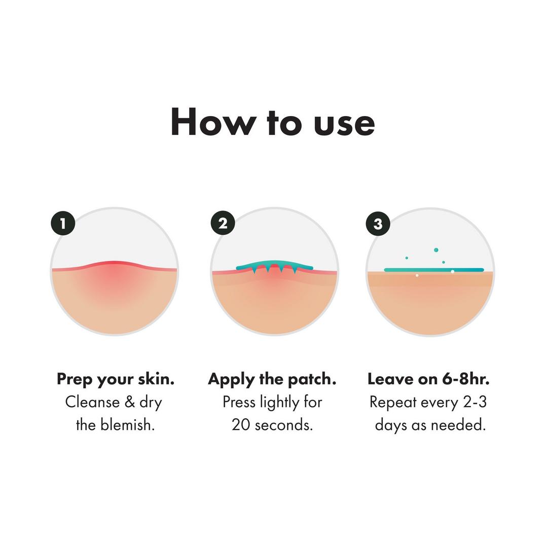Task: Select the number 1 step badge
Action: pyautogui.click(x=63, y=223)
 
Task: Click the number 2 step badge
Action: pyautogui.click(x=223, y=223)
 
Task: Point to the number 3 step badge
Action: pyautogui.click(x=378, y=224)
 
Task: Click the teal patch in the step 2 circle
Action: pyautogui.click(x=274, y=265)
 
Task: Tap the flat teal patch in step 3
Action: pyautogui.click(x=434, y=270)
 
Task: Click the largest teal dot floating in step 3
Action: pyautogui.click(x=436, y=250)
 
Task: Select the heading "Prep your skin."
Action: pyautogui.click(x=116, y=379)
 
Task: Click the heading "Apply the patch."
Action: pyautogui.click(x=272, y=379)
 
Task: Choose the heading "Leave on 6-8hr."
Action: pyautogui.click(x=428, y=379)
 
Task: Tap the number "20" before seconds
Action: pyautogui.click(x=241, y=424)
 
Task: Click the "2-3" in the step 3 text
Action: pyautogui.click(x=474, y=402)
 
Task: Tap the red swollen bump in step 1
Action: pyautogui.click(x=115, y=271)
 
